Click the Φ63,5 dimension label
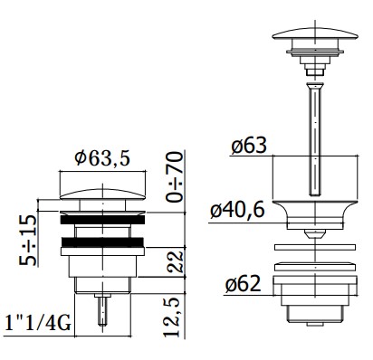tap(102, 158)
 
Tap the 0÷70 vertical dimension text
tap(175, 176)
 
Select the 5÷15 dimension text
tap(27, 240)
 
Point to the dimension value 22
tap(176, 261)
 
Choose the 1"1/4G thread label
tap(38, 324)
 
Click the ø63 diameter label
tap(249, 146)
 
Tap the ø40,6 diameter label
tap(237, 210)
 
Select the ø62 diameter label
tap(243, 283)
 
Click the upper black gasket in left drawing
tap(102, 220)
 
